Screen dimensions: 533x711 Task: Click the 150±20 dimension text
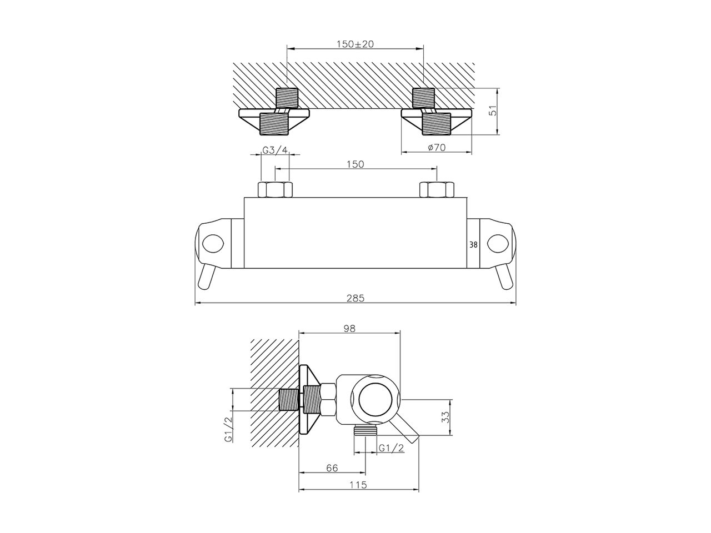(x=355, y=44)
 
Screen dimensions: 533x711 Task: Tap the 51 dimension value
(x=491, y=112)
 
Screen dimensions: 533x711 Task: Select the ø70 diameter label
(x=437, y=147)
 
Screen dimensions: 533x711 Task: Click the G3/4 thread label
(x=275, y=150)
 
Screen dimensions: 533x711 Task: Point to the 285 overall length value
(x=355, y=298)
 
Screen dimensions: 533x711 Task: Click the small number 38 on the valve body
(x=473, y=244)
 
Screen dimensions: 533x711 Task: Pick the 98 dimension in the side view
(x=349, y=328)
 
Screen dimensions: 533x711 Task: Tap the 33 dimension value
(x=445, y=418)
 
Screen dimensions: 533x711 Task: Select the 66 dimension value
(x=332, y=468)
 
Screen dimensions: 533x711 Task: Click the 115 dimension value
(x=359, y=485)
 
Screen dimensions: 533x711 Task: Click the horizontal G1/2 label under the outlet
(x=391, y=448)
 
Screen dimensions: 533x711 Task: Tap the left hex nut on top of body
(x=275, y=190)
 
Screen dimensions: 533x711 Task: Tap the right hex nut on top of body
(x=437, y=190)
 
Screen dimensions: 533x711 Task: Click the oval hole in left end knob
(x=213, y=243)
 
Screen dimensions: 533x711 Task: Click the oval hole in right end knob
(x=498, y=243)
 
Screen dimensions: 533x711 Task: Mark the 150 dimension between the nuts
(x=355, y=164)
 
